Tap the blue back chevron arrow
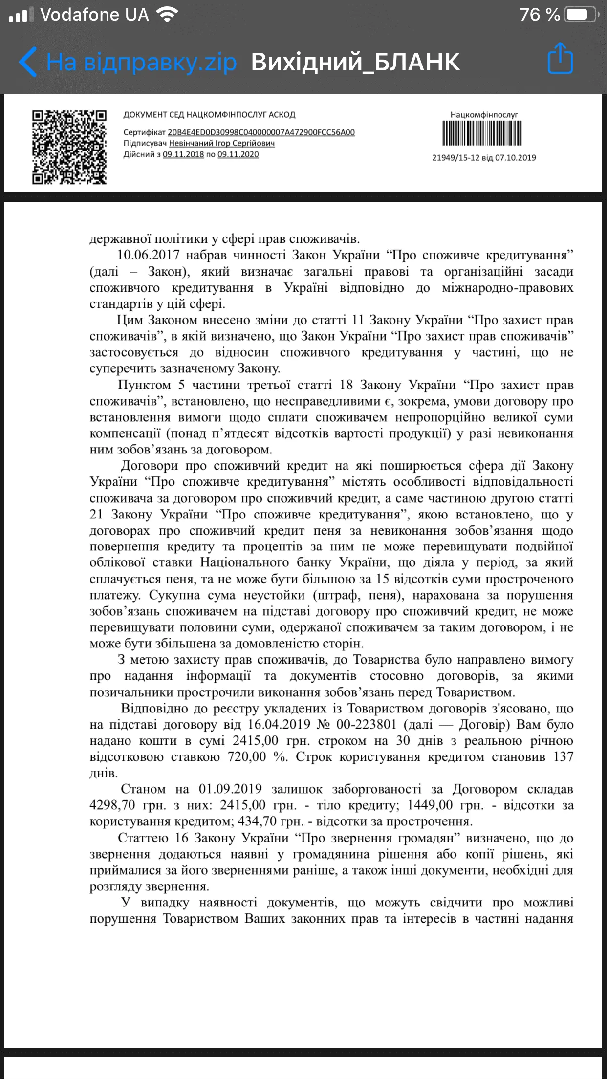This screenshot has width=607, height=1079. tap(28, 62)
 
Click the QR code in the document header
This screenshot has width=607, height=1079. tap(69, 147)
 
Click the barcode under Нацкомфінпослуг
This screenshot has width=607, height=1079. tap(482, 133)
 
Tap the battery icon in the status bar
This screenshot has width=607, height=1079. tap(581, 15)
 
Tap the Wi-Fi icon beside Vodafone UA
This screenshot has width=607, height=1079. tap(168, 15)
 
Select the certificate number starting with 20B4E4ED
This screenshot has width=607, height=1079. tap(261, 132)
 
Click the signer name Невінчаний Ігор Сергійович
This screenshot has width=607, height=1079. tap(221, 143)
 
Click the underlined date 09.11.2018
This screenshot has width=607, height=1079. tap(183, 154)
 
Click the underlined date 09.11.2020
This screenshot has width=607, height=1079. tap(238, 154)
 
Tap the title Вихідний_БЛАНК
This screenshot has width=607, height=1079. tap(355, 62)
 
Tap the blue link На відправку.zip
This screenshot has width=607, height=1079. tap(142, 62)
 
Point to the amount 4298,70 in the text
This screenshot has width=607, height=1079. tap(112, 805)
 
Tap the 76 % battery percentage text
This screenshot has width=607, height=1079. tap(540, 15)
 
